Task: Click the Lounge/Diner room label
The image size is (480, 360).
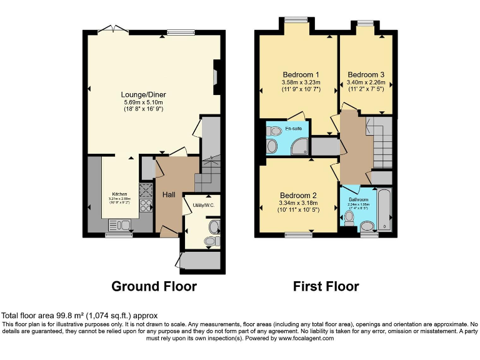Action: click(x=144, y=94)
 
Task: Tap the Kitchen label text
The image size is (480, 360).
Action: click(x=119, y=194)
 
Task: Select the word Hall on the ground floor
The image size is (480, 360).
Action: click(x=169, y=195)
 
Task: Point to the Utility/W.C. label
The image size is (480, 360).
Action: click(x=203, y=204)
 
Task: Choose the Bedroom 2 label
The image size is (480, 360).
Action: click(x=298, y=194)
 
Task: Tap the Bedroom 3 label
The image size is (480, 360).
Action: click(x=366, y=74)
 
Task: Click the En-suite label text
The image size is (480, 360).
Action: click(x=293, y=129)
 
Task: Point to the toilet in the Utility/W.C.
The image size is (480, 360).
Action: click(x=212, y=241)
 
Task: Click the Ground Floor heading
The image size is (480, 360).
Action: click(x=154, y=287)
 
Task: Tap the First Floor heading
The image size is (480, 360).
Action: click(x=326, y=287)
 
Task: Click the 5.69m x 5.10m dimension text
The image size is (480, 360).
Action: click(x=144, y=102)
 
